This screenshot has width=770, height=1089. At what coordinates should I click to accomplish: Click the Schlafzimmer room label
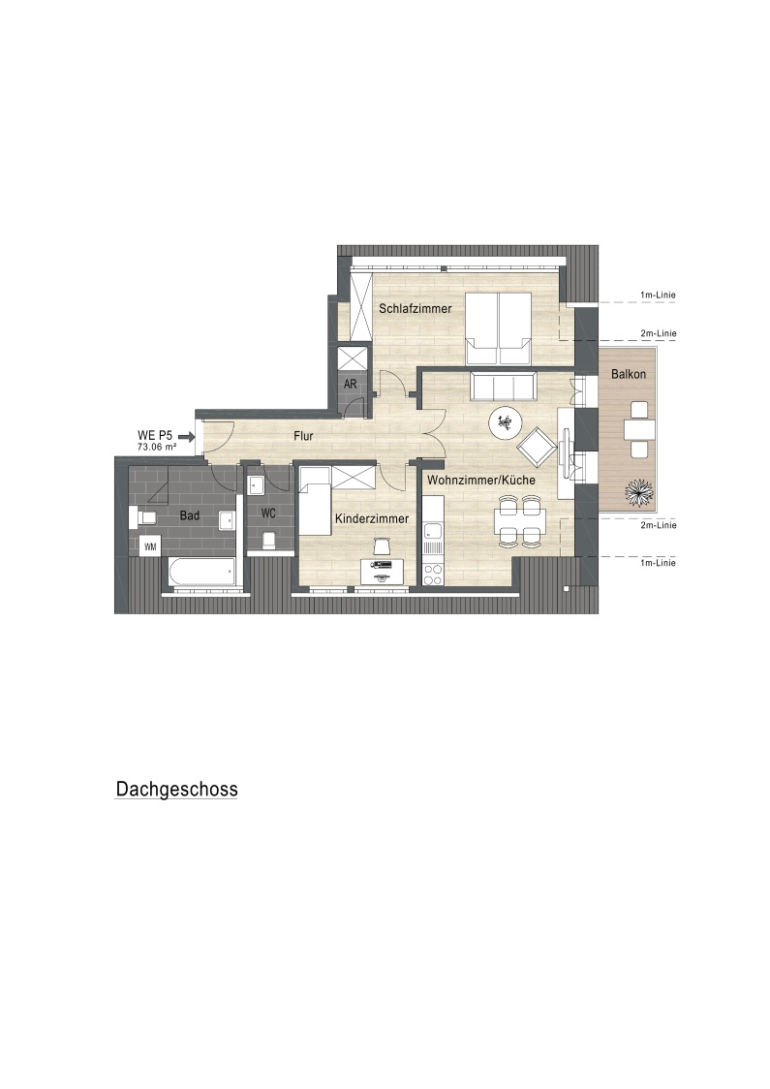[415, 308]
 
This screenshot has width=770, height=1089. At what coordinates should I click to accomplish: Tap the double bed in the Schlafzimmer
[498, 328]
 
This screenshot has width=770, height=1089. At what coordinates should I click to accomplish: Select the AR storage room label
[350, 384]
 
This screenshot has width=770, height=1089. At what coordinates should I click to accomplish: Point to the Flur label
[303, 436]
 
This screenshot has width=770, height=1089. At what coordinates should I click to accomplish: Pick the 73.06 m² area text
[157, 448]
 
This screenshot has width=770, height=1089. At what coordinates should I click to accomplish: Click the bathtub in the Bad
[200, 574]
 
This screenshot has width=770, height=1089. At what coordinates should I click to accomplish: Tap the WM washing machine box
[150, 547]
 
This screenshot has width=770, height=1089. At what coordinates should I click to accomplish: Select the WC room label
[268, 513]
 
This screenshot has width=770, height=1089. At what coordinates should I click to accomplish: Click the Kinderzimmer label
[372, 518]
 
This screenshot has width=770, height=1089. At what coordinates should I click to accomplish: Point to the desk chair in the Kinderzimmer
[382, 546]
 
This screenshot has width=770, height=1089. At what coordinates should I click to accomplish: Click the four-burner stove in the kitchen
[433, 575]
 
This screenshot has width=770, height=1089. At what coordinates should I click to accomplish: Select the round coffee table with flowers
[507, 422]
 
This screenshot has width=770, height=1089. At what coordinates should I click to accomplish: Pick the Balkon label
[629, 374]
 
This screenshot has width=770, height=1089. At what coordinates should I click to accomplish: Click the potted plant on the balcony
[639, 493]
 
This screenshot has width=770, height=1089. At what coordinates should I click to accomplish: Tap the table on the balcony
[639, 431]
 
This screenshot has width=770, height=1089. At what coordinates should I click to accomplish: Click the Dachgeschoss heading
[176, 789]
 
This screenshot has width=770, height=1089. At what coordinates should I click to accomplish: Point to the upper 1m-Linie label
[658, 296]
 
